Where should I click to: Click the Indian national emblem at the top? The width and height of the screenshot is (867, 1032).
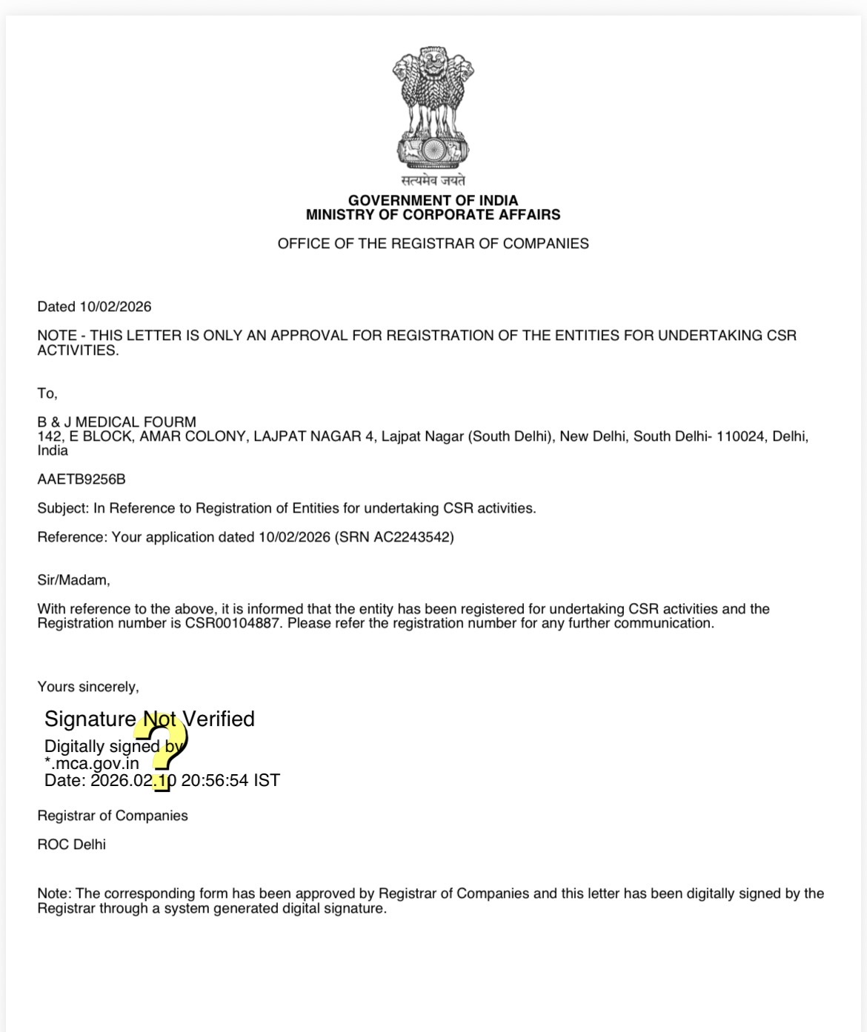433,107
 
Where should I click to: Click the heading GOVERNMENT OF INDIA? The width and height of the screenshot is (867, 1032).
433,200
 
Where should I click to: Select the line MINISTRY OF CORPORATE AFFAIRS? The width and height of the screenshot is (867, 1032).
433,215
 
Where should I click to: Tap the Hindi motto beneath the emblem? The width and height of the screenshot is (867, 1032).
433,180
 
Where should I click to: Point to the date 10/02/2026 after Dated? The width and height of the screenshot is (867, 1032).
116,307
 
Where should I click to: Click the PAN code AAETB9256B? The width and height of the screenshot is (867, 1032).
82,479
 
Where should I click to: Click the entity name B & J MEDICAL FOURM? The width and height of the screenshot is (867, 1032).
117,422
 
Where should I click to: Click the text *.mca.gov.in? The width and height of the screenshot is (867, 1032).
92,763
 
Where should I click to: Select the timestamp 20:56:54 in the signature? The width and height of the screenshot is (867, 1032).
215,780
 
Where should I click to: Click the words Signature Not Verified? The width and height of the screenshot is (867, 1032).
150,719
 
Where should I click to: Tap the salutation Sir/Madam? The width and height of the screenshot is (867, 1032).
73,580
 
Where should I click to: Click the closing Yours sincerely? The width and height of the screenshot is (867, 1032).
88,687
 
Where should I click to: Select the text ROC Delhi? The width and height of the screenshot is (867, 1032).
72,845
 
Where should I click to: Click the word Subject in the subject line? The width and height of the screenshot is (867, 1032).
62,508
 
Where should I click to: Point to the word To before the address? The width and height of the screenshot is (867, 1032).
46,393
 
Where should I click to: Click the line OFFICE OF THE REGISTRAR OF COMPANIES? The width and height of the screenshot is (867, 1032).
433,244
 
